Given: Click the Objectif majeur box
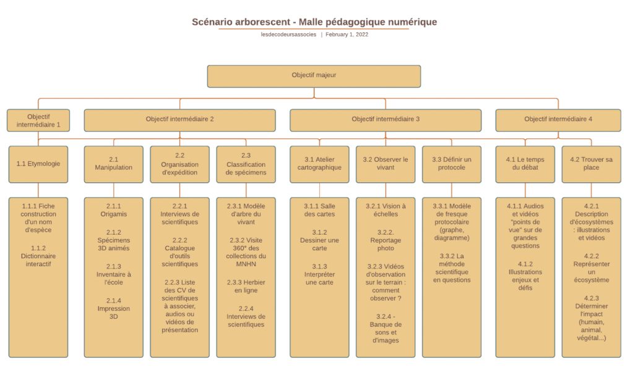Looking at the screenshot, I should [314, 76].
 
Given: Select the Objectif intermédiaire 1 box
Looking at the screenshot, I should [38, 120].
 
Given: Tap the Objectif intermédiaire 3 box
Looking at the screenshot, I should [385, 119].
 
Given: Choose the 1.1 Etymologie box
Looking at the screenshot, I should [38, 164].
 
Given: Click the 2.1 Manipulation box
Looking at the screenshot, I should [113, 164].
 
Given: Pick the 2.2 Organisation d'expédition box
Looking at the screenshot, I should [179, 164].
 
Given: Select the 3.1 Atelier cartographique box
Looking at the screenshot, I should [319, 164].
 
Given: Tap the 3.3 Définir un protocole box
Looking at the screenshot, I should [451, 164].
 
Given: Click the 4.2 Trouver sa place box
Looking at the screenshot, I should [591, 164].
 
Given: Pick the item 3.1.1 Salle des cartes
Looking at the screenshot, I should [319, 209].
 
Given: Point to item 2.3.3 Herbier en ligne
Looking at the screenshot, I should [246, 286].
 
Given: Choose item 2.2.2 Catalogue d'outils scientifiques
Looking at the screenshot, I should [179, 252].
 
